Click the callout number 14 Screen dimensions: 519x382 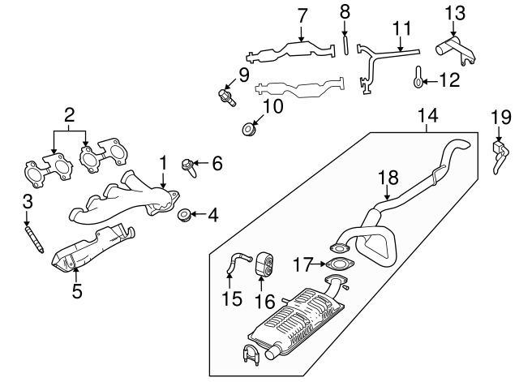(428, 115)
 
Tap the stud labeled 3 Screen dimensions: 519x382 (34, 239)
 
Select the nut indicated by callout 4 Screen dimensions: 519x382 (184, 215)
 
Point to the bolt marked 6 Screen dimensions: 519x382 (189, 167)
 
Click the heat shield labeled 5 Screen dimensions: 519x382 (92, 248)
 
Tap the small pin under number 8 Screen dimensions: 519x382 (345, 45)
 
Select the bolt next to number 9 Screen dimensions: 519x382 (227, 97)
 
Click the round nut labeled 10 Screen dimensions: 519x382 (249, 129)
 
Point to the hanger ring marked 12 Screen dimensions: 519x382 (418, 77)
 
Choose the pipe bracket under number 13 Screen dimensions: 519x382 (456, 50)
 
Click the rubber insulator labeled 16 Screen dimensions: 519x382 (265, 264)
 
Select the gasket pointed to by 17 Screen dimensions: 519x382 (340, 264)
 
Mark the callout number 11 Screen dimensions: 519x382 (402, 28)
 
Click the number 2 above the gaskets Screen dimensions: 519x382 (70, 115)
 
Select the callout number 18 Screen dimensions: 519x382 (388, 178)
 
